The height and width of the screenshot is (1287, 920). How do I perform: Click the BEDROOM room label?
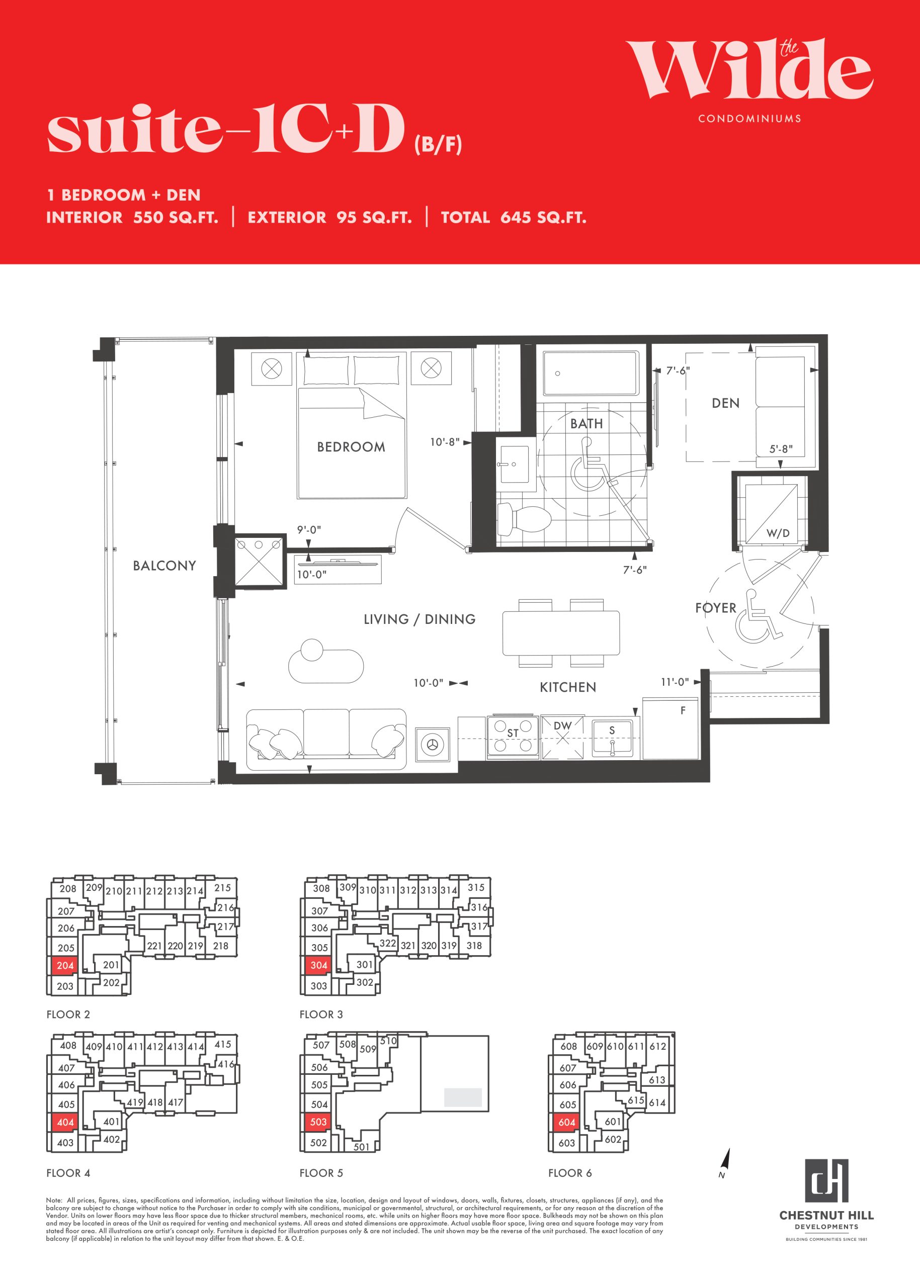click(351, 447)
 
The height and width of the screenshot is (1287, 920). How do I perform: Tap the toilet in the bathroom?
click(524, 519)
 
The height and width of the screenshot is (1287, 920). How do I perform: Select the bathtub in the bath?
click(591, 373)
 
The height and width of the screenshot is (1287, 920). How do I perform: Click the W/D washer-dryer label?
click(778, 533)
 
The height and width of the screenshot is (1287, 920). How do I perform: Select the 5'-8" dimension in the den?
click(781, 449)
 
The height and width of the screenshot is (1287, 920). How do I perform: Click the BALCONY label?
click(164, 566)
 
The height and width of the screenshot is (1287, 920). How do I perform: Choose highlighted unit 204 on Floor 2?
click(65, 965)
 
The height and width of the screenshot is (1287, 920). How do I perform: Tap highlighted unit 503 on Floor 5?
click(318, 1122)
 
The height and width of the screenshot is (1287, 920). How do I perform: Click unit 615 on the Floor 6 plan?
click(636, 1099)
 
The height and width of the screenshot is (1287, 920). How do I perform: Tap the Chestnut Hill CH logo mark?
click(826, 1180)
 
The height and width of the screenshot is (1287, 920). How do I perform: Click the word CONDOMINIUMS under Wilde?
click(749, 118)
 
